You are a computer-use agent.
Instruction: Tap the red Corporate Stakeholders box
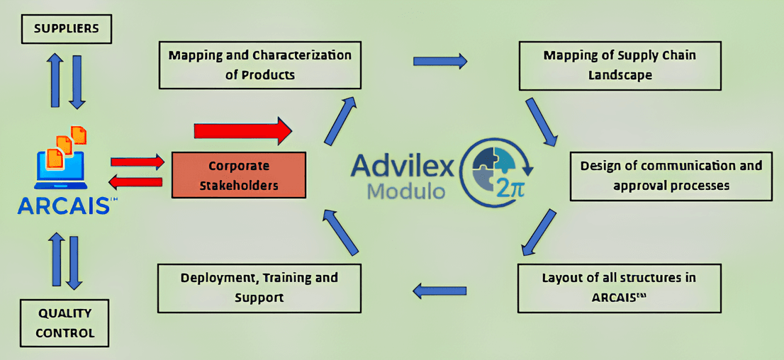click(x=239, y=176)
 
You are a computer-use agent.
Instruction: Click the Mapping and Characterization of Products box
click(x=259, y=64)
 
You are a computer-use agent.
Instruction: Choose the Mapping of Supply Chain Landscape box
click(x=620, y=64)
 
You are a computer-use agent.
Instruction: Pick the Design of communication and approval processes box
click(x=671, y=175)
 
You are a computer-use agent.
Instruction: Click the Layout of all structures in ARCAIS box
click(x=619, y=287)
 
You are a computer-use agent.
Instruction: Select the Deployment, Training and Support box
click(x=259, y=287)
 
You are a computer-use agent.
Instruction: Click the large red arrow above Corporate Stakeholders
click(x=242, y=131)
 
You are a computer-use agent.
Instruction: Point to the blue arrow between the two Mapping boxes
click(x=439, y=61)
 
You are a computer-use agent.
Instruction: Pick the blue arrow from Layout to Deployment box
click(x=439, y=289)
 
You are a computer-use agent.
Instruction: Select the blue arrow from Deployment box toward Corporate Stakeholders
click(x=343, y=232)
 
